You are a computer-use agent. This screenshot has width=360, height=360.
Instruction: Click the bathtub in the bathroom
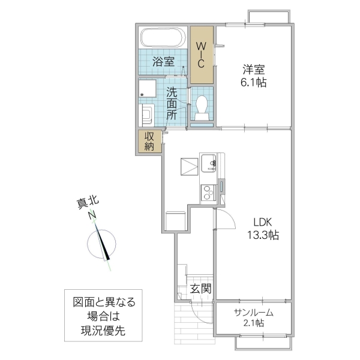(164, 38)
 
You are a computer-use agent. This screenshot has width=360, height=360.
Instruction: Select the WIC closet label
(202, 55)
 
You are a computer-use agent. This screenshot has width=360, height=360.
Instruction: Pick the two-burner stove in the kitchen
(208, 193)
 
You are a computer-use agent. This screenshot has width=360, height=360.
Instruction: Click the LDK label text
(261, 221)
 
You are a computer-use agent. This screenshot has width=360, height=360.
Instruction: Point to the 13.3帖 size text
(261, 234)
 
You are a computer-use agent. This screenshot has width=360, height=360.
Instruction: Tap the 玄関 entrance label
(200, 289)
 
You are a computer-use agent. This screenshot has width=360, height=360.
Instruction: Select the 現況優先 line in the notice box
(100, 331)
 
